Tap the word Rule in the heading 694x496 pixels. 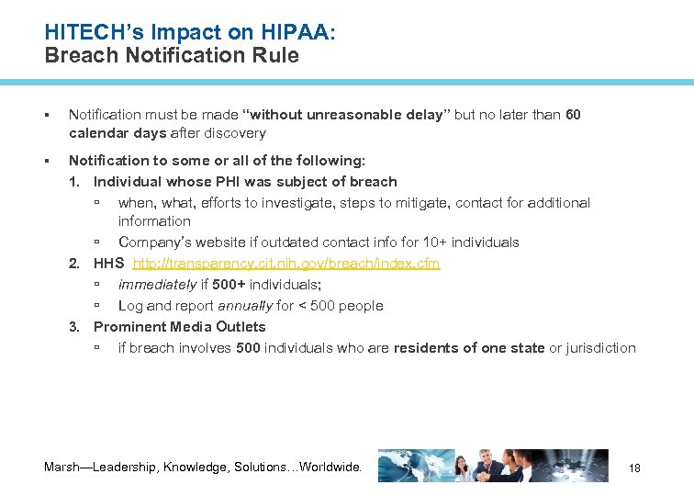[x=278, y=55]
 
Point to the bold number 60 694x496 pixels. [x=573, y=115]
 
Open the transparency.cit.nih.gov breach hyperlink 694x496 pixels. [x=286, y=264]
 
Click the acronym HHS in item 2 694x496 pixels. [x=109, y=264]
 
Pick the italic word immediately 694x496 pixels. [x=157, y=285]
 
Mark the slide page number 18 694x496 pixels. [x=634, y=468]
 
